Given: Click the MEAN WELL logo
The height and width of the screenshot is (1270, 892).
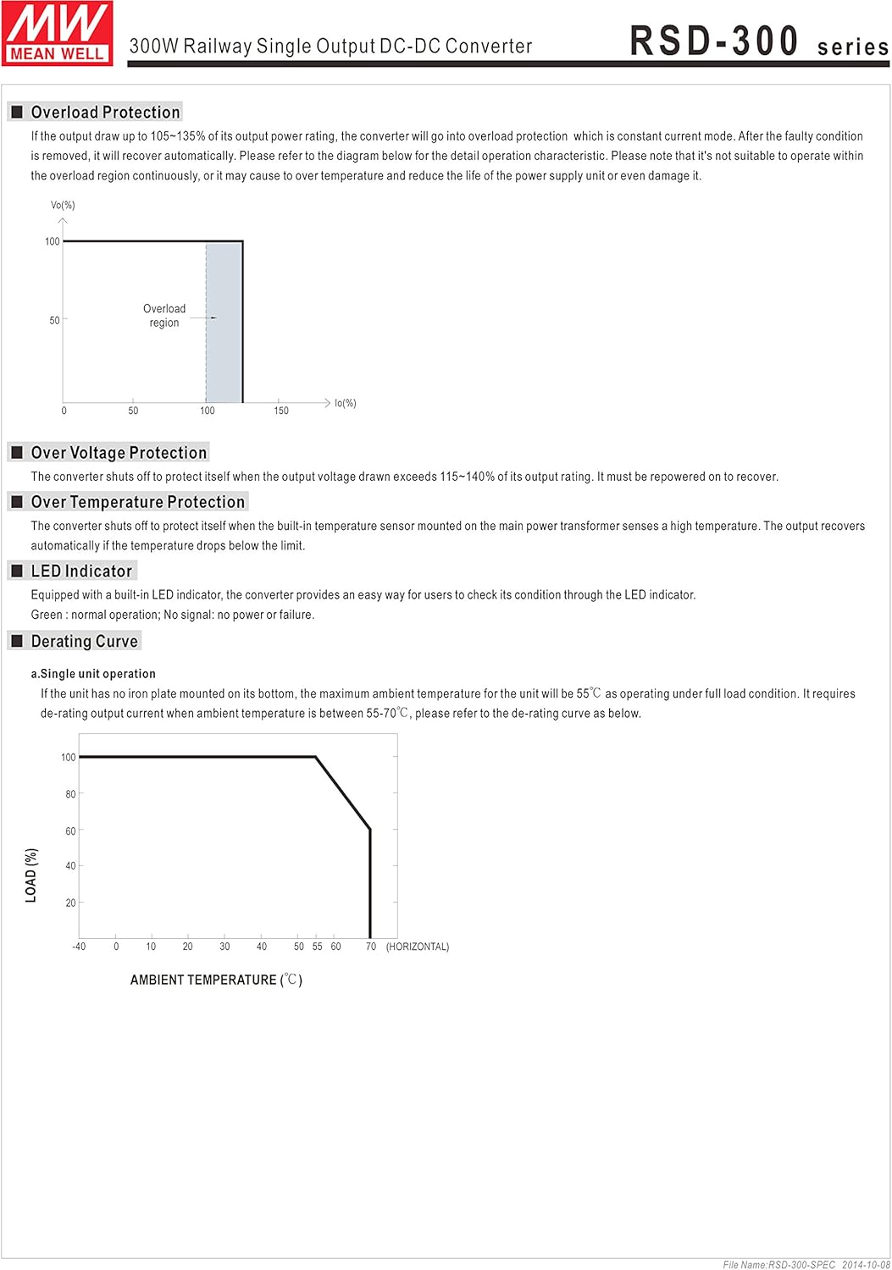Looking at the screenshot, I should tap(58, 33).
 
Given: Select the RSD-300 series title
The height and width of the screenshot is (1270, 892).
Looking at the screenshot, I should tap(758, 41).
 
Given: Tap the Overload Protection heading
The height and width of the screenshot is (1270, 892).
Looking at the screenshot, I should tap(105, 113).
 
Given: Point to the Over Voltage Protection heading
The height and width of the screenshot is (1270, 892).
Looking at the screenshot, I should tap(119, 453).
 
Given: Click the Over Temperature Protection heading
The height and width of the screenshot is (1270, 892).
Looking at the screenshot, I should tap(137, 502).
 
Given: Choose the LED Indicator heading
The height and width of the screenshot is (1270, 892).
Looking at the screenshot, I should tap(81, 571).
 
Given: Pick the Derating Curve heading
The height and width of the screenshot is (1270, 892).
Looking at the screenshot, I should tap(84, 642).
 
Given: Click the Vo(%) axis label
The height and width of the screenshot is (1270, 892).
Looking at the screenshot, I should tap(63, 206).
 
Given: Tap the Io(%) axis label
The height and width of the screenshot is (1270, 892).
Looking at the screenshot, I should tap(346, 404).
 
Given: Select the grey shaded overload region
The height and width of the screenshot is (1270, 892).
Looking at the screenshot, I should tap(224, 339).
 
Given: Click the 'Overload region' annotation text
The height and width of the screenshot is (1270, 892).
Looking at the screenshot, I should tap(164, 316).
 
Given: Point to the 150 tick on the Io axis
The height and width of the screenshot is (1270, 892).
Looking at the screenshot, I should tap(281, 411).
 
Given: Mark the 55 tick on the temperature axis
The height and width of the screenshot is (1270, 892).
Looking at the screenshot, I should tap(318, 947).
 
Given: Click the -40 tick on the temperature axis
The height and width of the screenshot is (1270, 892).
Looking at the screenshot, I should tap(79, 947).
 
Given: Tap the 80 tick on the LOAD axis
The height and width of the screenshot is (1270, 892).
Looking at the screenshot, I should tap(70, 794).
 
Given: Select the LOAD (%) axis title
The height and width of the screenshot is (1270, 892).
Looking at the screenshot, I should tap(31, 875).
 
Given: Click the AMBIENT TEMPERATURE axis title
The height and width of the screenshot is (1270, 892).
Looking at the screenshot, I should tap(216, 980).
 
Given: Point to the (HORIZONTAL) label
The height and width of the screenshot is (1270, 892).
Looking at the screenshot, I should tap(418, 947).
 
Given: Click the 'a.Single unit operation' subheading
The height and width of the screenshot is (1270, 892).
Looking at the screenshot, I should tap(93, 674).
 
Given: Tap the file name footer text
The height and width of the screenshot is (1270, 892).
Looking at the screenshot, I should tap(806, 1264).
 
